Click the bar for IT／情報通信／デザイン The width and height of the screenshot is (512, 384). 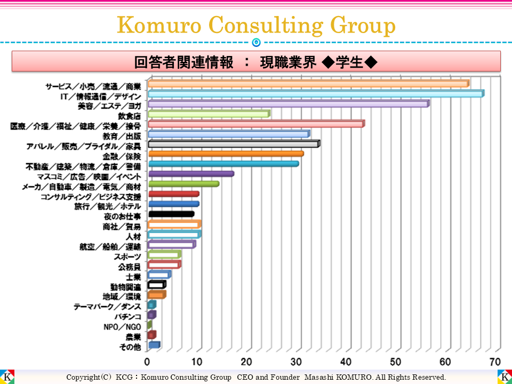(315, 94)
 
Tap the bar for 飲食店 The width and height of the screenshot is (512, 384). (208, 114)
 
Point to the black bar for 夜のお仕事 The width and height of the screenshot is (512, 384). (171, 214)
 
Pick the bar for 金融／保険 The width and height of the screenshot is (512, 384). (225, 154)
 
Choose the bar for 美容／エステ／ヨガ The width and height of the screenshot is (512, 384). (288, 104)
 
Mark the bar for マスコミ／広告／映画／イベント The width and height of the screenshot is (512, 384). (190, 174)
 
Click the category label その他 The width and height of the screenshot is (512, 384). (130, 347)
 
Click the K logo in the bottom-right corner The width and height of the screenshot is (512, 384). (504, 377)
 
